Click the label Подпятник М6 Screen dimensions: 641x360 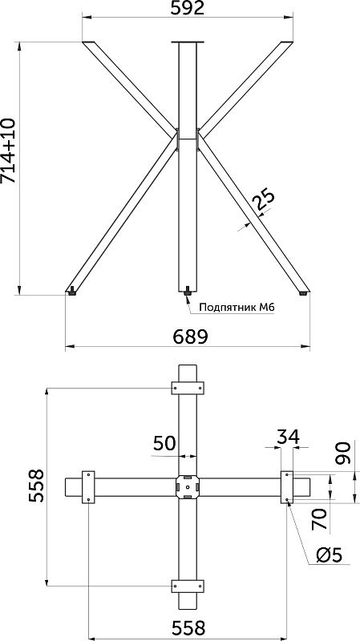[236, 307]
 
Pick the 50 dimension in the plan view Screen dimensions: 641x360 [164, 444]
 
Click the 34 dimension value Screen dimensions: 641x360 [288, 437]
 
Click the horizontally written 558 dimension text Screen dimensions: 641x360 [187, 626]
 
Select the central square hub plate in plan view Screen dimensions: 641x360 [187, 487]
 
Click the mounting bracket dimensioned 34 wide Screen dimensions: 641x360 [287, 487]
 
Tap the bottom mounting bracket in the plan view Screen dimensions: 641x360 [187, 585]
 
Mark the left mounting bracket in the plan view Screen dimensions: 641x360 [87, 487]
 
